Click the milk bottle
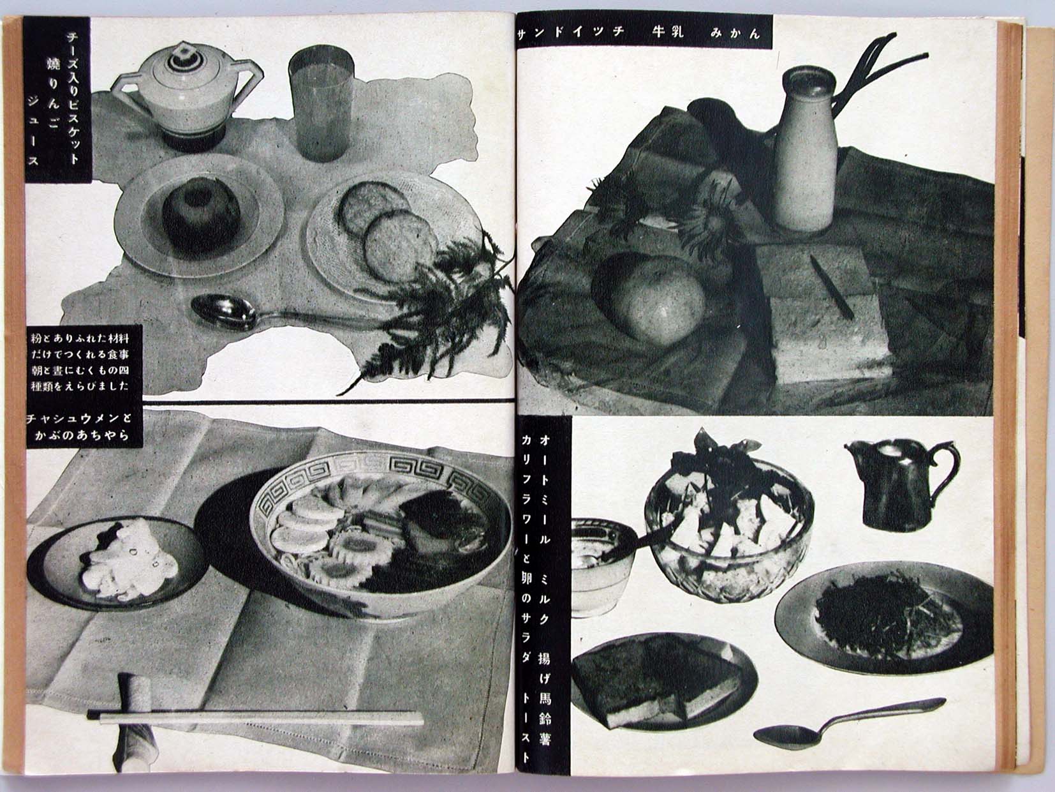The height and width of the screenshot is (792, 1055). coord(806,149)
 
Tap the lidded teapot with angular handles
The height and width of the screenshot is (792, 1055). coord(186,96)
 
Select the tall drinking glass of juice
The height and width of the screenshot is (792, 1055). coord(321,107)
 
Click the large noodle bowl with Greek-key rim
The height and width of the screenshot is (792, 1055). coord(380,534)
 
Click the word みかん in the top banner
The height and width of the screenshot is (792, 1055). coord(735,33)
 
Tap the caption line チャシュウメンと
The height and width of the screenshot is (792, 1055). coord(78,418)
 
